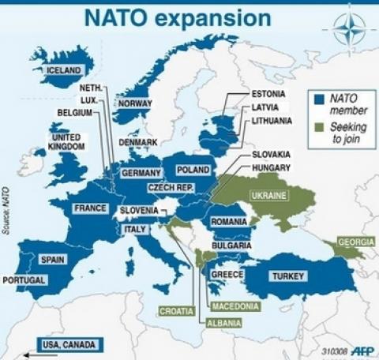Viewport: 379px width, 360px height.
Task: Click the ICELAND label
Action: (x=64, y=70)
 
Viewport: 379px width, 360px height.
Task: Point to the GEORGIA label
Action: (x=355, y=242)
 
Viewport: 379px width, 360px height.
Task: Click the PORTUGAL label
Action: (x=24, y=280)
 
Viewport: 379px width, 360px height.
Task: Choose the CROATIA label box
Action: (x=176, y=311)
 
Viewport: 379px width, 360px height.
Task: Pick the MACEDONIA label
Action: (x=235, y=306)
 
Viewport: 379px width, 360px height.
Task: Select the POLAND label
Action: (x=193, y=171)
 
